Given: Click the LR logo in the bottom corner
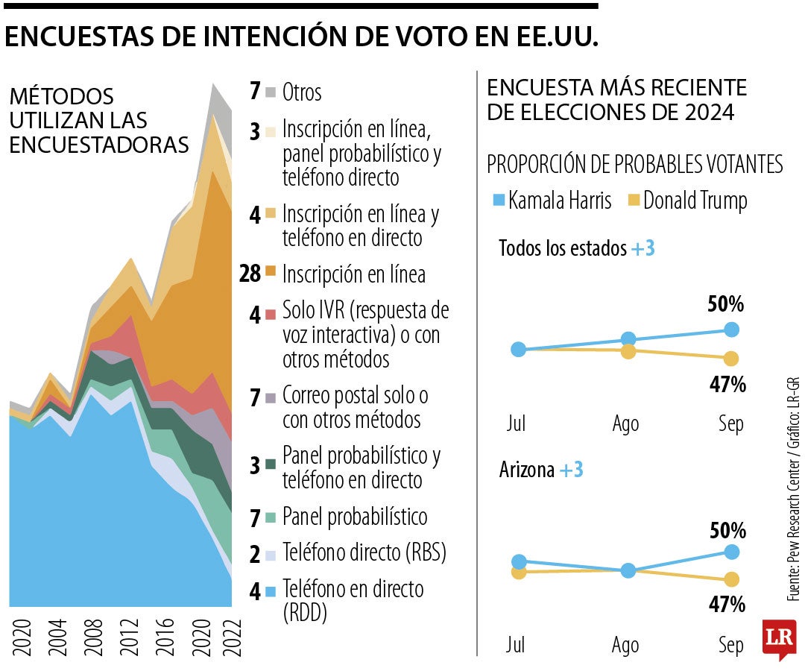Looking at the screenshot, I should [x=778, y=637].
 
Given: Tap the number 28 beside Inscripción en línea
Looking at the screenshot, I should [x=250, y=274].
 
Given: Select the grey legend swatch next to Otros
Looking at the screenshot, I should [x=271, y=92].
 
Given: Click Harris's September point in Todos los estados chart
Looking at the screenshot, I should [x=731, y=330].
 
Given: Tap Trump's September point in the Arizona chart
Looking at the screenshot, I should [x=731, y=579].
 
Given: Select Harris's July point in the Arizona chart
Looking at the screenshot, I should [x=519, y=561].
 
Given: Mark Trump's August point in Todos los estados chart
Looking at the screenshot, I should [x=628, y=351].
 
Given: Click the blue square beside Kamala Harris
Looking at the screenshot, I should [x=498, y=201].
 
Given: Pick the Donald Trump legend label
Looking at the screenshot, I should [x=695, y=201].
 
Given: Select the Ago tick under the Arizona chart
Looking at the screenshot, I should [x=625, y=646].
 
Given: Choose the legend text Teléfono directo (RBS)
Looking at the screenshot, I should [x=364, y=553].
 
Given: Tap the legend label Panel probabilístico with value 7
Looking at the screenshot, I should [x=355, y=517].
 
